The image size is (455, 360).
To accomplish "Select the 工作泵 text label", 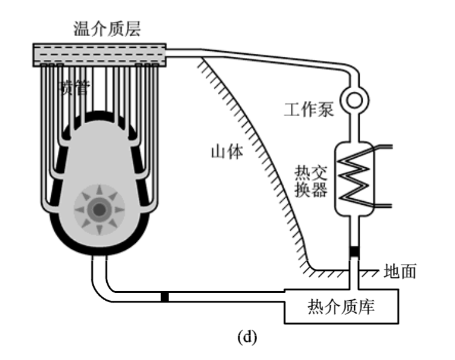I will pos(308,110).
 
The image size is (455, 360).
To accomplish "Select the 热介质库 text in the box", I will pos(342,307).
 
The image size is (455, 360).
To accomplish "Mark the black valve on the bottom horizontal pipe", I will pos(164,297).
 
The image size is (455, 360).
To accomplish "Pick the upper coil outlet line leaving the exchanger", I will pos(383,147).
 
